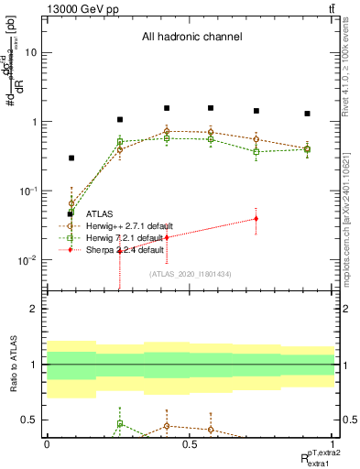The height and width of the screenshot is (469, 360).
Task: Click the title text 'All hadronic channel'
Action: pyautogui.click(x=191, y=38)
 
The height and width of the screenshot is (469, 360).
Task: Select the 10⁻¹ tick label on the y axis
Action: pyautogui.click(x=28, y=191)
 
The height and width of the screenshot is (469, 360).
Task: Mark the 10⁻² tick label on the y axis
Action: pyautogui.click(x=28, y=260)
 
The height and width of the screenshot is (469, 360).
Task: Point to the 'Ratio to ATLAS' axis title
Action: pyautogui.click(x=11, y=364)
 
